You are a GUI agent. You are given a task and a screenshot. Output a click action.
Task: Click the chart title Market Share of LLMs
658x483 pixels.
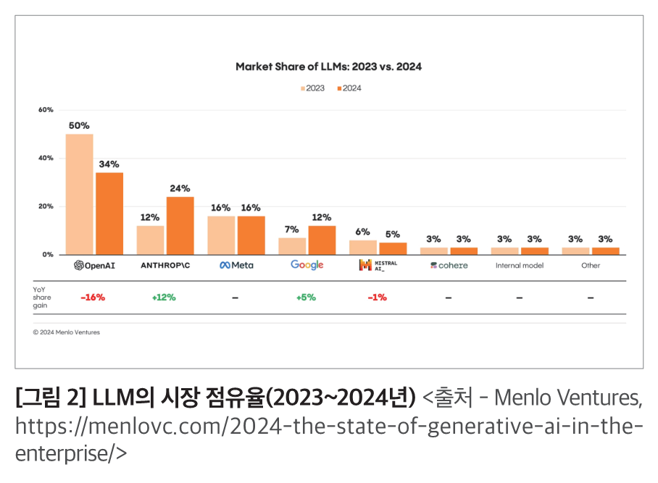tap(328, 67)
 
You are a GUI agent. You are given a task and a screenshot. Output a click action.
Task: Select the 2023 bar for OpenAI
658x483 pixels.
tap(80, 194)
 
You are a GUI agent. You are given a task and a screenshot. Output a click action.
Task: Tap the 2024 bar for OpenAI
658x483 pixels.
tap(109, 213)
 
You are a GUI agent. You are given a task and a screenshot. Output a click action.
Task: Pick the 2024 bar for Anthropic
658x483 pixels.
tap(180, 225)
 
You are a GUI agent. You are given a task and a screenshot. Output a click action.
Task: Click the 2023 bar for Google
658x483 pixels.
tap(292, 245)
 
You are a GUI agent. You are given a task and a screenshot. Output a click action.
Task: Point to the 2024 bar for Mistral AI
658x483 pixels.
tap(393, 248)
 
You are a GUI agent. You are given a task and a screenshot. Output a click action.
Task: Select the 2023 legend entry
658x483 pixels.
tap(312, 88)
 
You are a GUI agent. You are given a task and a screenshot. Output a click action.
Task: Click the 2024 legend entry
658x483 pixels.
tap(349, 88)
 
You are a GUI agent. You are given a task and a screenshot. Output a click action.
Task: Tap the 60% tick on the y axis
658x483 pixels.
tap(46, 110)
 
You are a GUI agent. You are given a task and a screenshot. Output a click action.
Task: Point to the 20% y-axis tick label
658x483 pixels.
tap(46, 206)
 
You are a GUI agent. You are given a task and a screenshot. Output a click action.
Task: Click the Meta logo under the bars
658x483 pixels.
tap(236, 265)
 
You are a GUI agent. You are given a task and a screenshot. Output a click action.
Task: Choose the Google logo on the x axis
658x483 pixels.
tap(307, 265)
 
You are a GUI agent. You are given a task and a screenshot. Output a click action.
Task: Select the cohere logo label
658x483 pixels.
tap(449, 265)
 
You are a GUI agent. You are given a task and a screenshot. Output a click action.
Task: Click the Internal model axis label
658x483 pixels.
tap(520, 266)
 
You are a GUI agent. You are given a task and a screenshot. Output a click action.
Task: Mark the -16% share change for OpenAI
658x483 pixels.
tap(93, 298)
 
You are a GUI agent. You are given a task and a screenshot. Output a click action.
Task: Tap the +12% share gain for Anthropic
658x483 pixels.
tap(164, 298)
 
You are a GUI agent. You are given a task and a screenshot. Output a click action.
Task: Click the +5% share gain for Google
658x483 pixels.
tap(306, 298)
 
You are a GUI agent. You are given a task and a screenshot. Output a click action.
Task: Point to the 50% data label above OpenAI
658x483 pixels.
tap(79, 125)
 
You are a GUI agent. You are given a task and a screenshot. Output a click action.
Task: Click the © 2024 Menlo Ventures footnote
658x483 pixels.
tap(67, 332)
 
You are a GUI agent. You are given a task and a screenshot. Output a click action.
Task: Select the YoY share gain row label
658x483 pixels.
tap(42, 298)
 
